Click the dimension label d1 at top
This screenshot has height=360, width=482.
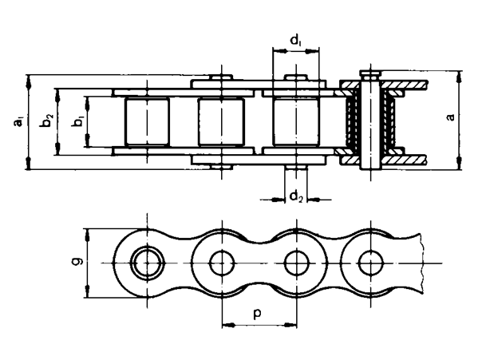click(296, 40)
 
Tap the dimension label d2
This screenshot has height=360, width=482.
click(296, 196)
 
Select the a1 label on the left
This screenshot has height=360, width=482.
click(18, 122)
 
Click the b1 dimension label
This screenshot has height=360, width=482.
click(77, 122)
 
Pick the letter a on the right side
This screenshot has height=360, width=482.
click(450, 117)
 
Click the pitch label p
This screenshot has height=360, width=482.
click(258, 314)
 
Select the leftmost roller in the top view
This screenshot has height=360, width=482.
click(147, 122)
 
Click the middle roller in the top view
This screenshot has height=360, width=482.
click(221, 122)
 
